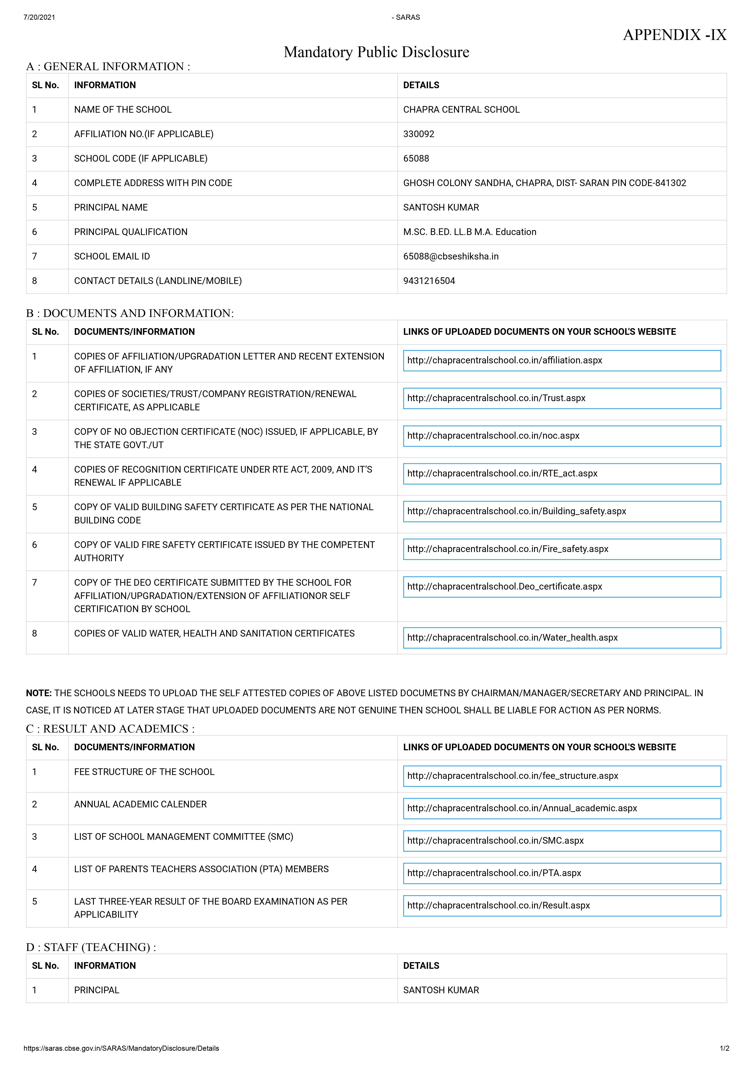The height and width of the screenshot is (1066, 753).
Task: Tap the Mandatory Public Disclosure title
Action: pyautogui.click(x=376, y=52)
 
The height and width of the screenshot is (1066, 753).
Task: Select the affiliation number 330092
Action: pyautogui.click(x=419, y=134)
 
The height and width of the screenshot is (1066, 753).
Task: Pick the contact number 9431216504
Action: pyautogui.click(x=429, y=281)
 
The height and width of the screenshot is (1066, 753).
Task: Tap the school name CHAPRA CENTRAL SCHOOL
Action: pyautogui.click(x=461, y=110)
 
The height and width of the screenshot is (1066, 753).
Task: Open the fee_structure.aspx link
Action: pyautogui.click(x=513, y=776)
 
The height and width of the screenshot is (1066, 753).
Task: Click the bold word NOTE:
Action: pyautogui.click(x=39, y=693)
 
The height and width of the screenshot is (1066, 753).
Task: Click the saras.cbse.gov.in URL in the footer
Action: pyautogui.click(x=121, y=1048)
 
